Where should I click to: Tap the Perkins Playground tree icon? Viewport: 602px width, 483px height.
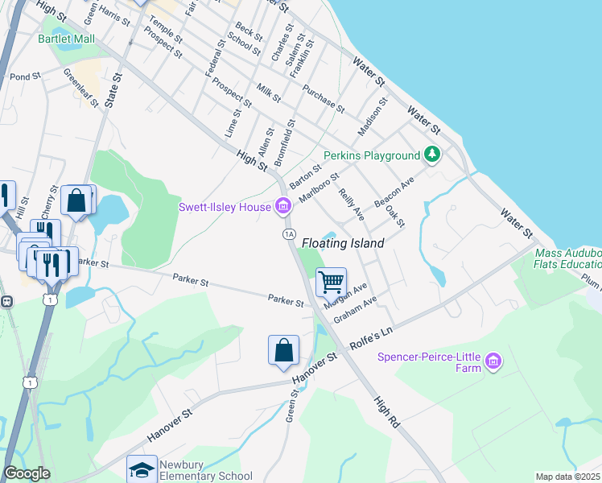pyautogui.click(x=432, y=155)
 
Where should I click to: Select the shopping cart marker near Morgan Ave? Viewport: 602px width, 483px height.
pyautogui.click(x=331, y=283)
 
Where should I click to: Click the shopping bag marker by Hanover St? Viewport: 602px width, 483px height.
pyautogui.click(x=283, y=350)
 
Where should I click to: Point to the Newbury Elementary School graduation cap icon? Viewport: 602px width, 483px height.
pyautogui.click(x=142, y=469)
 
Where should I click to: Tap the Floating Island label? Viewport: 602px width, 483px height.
pyautogui.click(x=343, y=242)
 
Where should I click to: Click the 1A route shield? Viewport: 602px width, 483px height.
pyautogui.click(x=289, y=233)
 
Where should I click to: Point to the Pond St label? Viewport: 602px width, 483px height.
pyautogui.click(x=25, y=76)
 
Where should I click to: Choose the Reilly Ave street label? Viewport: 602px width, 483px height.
pyautogui.click(x=352, y=205)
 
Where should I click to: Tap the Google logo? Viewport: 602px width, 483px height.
pyautogui.click(x=27, y=473)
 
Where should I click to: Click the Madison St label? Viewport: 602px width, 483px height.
pyautogui.click(x=373, y=117)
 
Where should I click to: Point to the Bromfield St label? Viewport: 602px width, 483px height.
pyautogui.click(x=286, y=142)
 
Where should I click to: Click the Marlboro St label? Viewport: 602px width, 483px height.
pyautogui.click(x=319, y=188)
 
